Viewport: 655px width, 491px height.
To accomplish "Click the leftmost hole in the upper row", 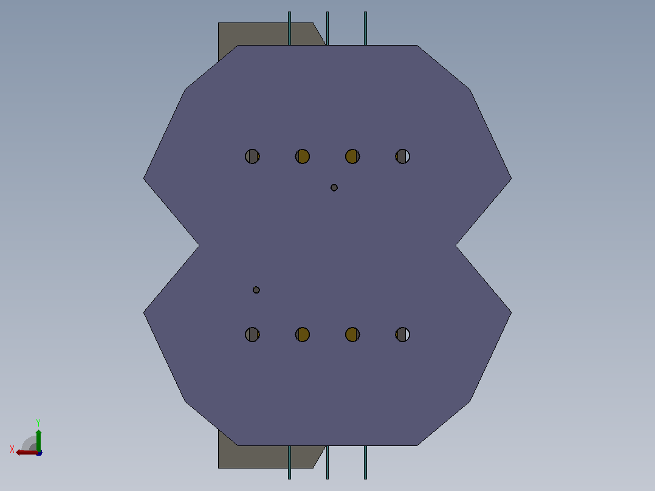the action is click(x=252, y=156).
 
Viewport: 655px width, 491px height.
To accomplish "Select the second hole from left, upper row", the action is click(x=303, y=156).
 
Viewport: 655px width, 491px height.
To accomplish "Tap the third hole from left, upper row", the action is click(x=352, y=156).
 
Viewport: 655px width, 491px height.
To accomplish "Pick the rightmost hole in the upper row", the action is click(x=403, y=156).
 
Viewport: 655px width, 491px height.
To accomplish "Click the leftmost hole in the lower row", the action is click(x=252, y=334).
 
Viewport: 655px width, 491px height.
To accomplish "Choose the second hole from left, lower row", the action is click(x=303, y=334).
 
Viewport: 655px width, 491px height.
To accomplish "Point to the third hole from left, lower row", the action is click(x=352, y=334).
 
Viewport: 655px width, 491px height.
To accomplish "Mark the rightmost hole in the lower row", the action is click(x=403, y=334).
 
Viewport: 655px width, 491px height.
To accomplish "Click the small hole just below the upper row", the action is click(x=334, y=188).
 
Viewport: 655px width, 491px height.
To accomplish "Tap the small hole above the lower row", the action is click(x=256, y=290).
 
